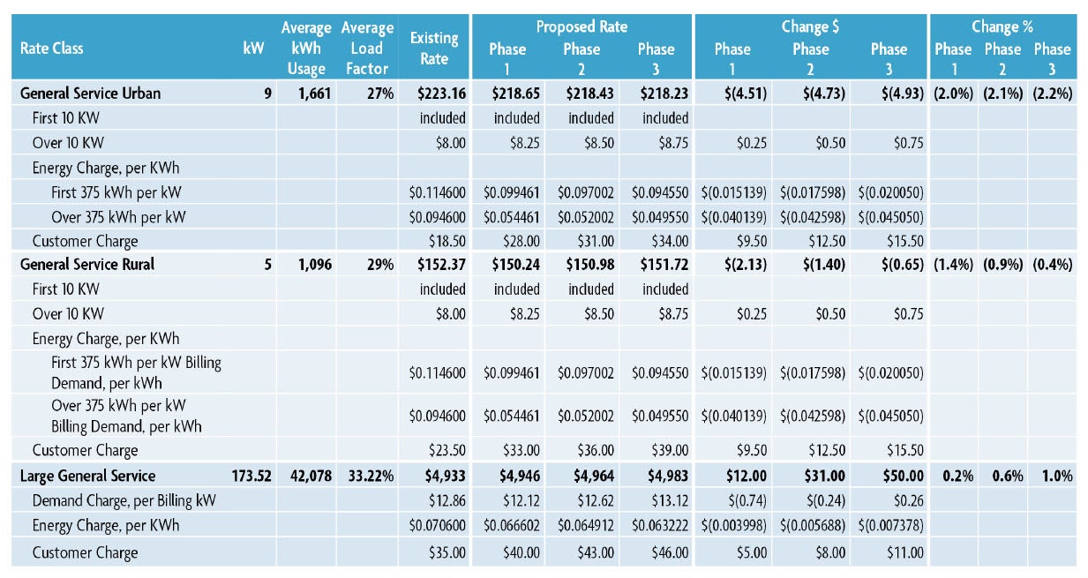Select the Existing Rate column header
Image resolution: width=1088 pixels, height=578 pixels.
tap(434, 49)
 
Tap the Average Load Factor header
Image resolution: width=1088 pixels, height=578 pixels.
tap(367, 49)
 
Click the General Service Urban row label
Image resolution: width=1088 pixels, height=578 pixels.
tap(91, 93)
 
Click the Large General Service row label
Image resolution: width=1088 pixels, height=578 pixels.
tap(88, 476)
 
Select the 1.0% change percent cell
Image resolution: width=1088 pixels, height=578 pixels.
tap(1055, 476)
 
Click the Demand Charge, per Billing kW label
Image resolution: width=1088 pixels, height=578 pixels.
tap(124, 500)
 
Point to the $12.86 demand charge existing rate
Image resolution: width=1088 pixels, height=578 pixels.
tap(446, 500)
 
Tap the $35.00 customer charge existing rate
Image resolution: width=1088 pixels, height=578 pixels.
tap(446, 552)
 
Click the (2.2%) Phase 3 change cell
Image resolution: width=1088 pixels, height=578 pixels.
tap(1052, 93)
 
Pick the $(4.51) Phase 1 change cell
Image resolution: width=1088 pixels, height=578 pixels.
tap(745, 93)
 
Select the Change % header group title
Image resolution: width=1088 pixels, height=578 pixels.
tap(1002, 26)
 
